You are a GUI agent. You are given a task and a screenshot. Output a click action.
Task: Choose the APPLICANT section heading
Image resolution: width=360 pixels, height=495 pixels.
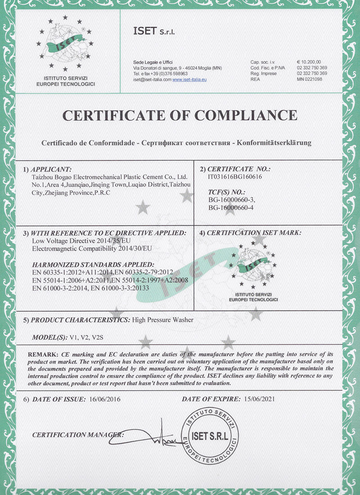tap(50, 169)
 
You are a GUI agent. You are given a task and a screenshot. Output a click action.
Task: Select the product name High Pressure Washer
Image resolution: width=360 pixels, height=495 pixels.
tap(163, 319)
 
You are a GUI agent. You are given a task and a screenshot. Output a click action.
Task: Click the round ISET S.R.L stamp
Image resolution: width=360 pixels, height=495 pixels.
tap(208, 436)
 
